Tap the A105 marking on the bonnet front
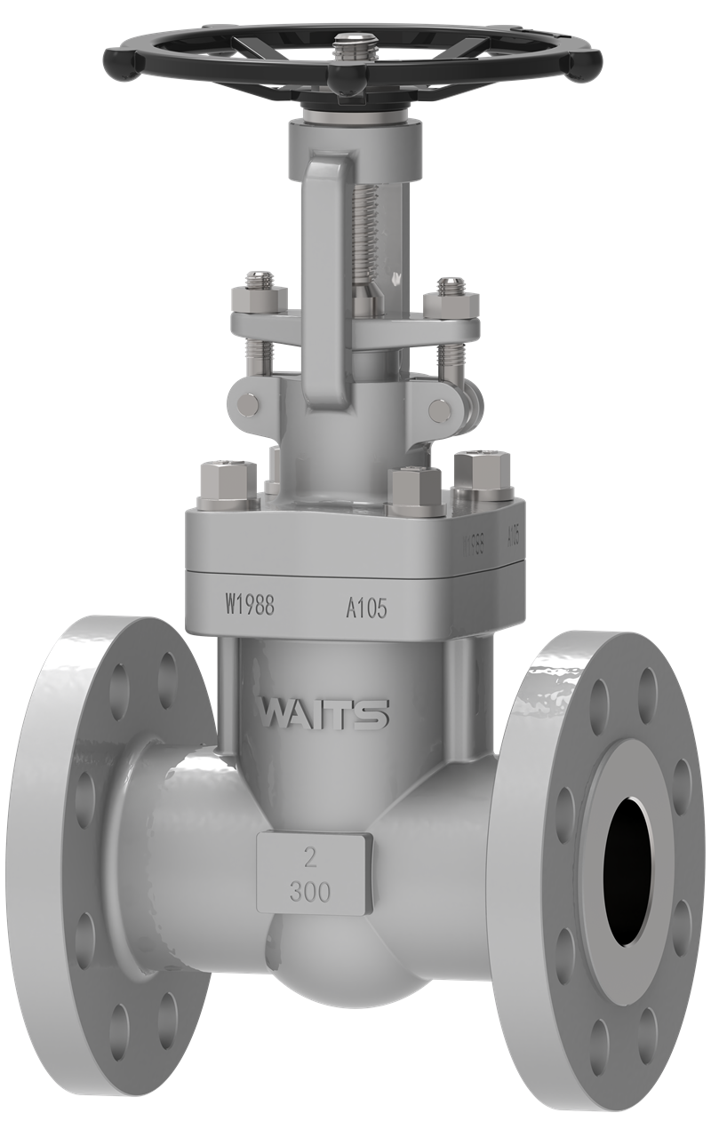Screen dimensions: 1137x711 coord(366,608)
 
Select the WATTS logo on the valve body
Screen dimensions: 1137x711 coord(324,712)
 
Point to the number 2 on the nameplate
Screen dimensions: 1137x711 coord(311,858)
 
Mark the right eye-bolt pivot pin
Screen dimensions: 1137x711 coord(439,409)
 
